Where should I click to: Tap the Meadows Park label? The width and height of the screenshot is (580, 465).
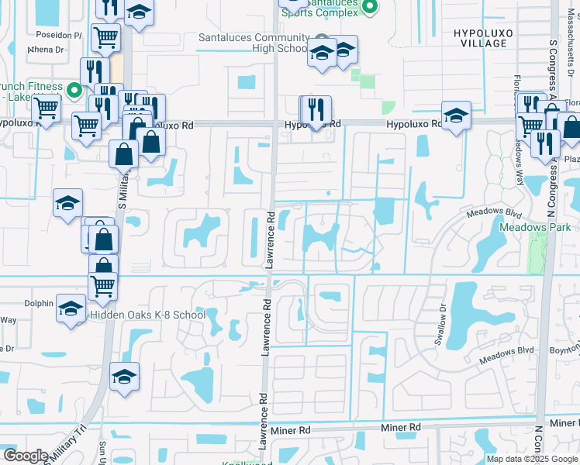pos(534,228)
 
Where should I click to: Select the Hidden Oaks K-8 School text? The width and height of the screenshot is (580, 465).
pos(147,315)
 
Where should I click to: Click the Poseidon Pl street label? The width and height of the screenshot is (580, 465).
pos(59,36)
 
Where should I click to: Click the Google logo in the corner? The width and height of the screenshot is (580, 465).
pos(26,455)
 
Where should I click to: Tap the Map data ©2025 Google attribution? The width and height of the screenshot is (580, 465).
pos(531,459)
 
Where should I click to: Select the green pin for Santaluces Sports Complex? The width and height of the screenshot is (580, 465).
pos(370,8)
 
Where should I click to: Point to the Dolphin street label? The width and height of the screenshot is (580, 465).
pos(39,304)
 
